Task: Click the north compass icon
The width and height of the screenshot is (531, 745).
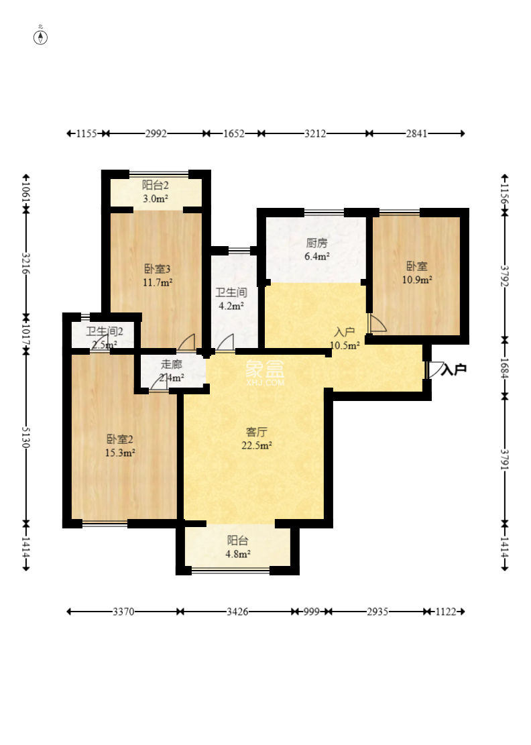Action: pyautogui.click(x=41, y=37)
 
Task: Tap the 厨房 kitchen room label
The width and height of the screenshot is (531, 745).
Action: pyautogui.click(x=317, y=243)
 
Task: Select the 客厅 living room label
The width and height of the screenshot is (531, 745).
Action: pyautogui.click(x=257, y=432)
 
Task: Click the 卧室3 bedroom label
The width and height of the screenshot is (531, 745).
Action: pyautogui.click(x=157, y=269)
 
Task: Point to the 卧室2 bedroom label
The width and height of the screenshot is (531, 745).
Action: pyautogui.click(x=120, y=439)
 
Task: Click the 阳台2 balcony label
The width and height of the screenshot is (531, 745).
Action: pyautogui.click(x=156, y=185)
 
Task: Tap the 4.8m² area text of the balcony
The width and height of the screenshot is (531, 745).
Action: pyautogui.click(x=237, y=553)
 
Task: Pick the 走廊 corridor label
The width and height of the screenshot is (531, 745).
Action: pyautogui.click(x=172, y=364)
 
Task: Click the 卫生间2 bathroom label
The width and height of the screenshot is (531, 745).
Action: pyautogui.click(x=105, y=331)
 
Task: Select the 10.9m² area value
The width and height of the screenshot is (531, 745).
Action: pyautogui.click(x=417, y=280)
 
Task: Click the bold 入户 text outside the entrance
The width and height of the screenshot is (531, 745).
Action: pyautogui.click(x=454, y=369)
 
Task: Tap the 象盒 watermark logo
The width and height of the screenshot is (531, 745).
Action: pyautogui.click(x=265, y=369)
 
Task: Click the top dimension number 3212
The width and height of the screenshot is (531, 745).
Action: pyautogui.click(x=315, y=133)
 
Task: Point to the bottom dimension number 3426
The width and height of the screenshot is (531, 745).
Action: pyautogui.click(x=237, y=612)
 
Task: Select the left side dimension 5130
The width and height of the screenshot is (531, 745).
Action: pyautogui.click(x=25, y=437)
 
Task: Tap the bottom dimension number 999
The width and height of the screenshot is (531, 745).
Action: pyautogui.click(x=312, y=612)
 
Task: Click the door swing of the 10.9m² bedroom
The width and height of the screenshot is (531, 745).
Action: pyautogui.click(x=377, y=323)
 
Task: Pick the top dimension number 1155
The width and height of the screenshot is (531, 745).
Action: pyautogui.click(x=87, y=133)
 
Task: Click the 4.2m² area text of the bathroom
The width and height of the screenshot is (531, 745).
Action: pyautogui.click(x=231, y=306)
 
